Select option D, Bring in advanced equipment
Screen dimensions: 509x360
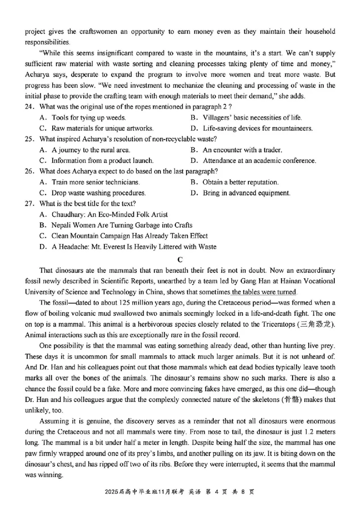[x=240, y=193]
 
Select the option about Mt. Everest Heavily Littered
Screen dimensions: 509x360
[x=128, y=246]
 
